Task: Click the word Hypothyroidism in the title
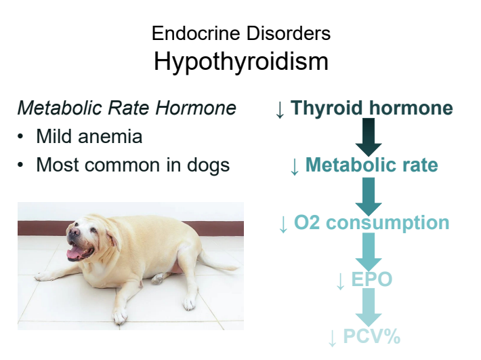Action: (x=240, y=62)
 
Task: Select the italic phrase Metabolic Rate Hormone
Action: (x=127, y=108)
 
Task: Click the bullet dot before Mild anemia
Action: (x=22, y=137)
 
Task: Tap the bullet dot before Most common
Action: (x=22, y=165)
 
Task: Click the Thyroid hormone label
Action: (x=372, y=108)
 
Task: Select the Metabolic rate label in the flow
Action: (x=371, y=165)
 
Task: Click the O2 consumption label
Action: (x=372, y=222)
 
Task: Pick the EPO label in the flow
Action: (x=371, y=279)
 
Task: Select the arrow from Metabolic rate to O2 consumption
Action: (x=369, y=195)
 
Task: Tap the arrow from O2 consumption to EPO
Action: (x=369, y=252)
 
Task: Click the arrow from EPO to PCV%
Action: (x=369, y=308)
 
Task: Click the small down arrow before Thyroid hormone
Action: (x=280, y=109)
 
